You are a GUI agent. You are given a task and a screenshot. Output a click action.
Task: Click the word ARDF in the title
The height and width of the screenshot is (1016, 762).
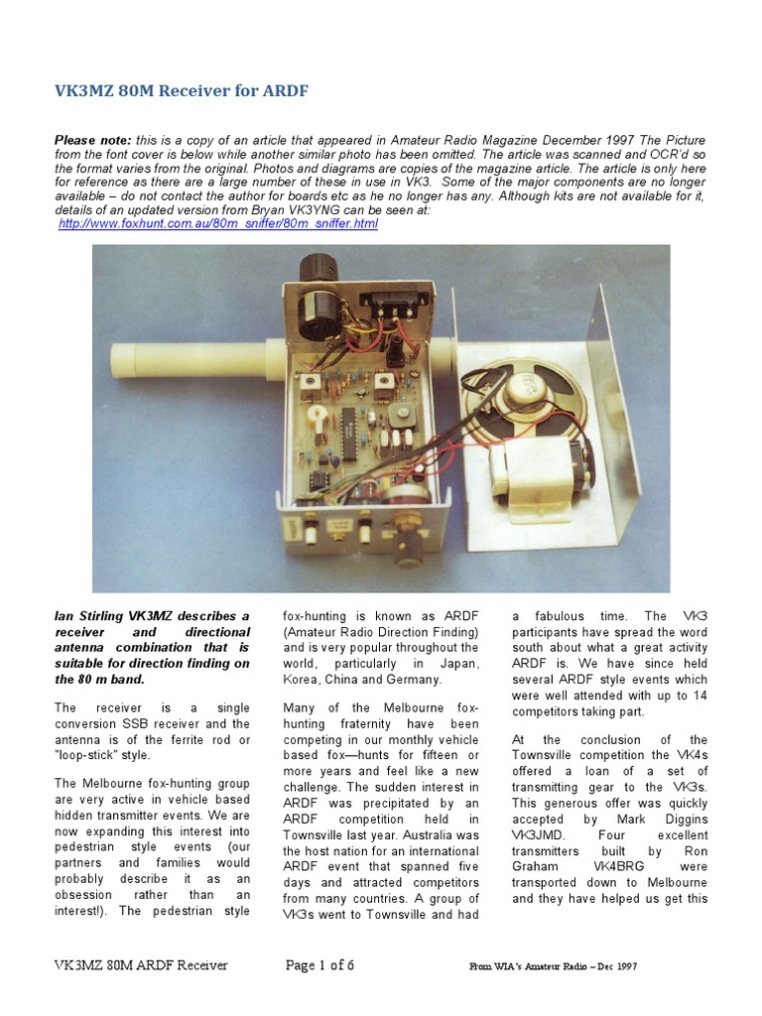pyautogui.click(x=287, y=91)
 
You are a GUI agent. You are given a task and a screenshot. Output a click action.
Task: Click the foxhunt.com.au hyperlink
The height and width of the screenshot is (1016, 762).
pyautogui.click(x=218, y=224)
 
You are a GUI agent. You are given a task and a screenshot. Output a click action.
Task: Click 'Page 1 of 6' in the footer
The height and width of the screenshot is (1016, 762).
pyautogui.click(x=319, y=964)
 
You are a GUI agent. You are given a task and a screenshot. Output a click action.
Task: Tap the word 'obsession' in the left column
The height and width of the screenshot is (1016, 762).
pyautogui.click(x=83, y=895)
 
